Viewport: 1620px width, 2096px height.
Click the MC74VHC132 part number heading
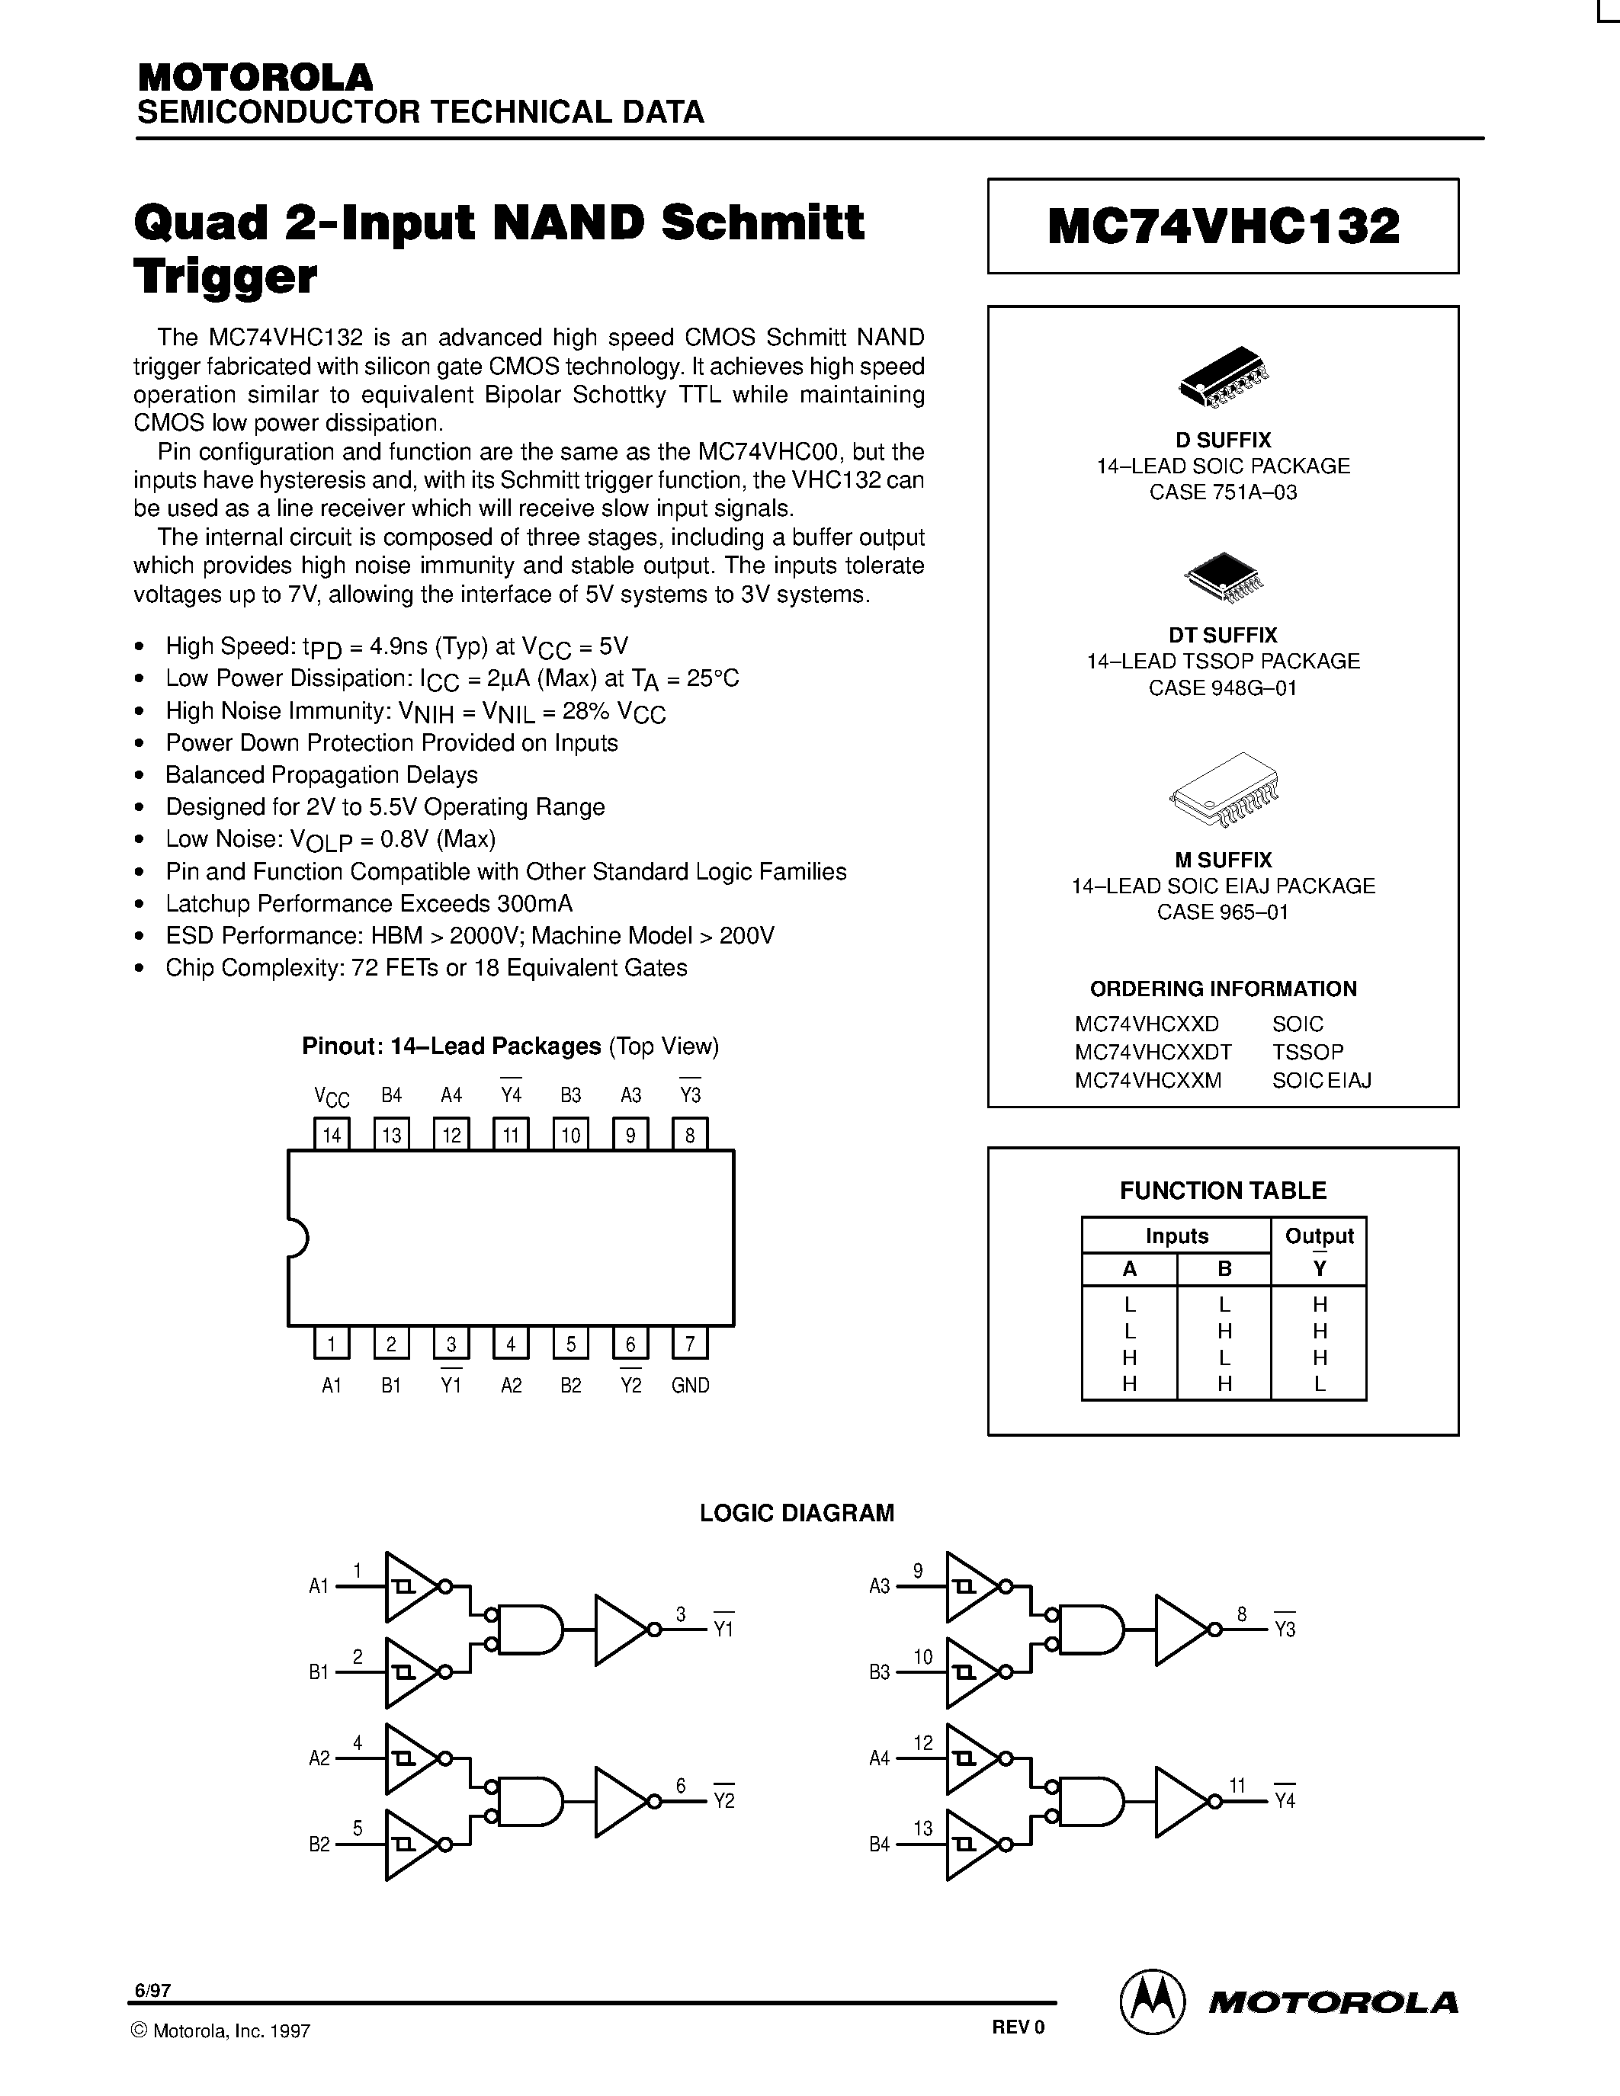(1223, 226)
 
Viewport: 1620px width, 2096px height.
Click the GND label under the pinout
(690, 1386)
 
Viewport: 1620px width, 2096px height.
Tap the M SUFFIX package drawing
(1224, 789)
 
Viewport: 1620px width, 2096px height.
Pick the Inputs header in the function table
(1176, 1236)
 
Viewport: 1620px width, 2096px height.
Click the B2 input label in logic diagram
(319, 1844)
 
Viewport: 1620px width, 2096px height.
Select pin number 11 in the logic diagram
(1237, 1785)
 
